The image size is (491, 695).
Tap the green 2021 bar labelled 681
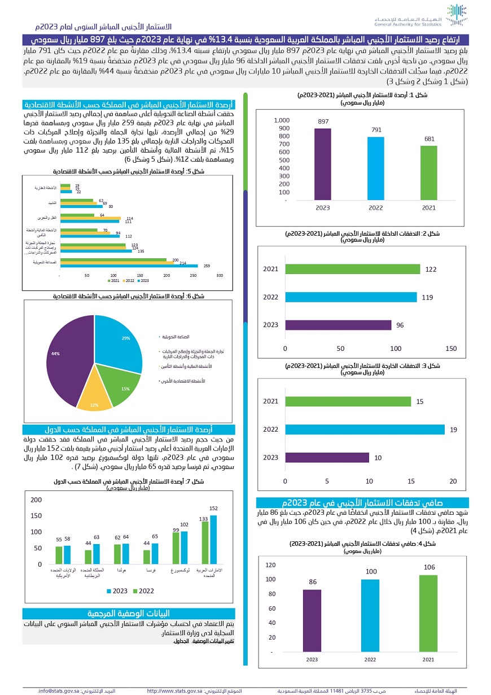coord(429,173)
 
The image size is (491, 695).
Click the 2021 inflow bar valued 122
coord(353,269)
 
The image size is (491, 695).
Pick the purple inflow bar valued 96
coord(338,325)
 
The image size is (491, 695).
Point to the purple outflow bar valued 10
coord(327,458)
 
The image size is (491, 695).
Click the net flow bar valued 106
coord(429,614)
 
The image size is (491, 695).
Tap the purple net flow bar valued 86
coord(312,621)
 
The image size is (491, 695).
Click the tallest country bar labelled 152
coord(213,540)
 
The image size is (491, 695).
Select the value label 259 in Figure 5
coord(207,266)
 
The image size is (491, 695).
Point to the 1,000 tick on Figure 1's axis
coord(281,120)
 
